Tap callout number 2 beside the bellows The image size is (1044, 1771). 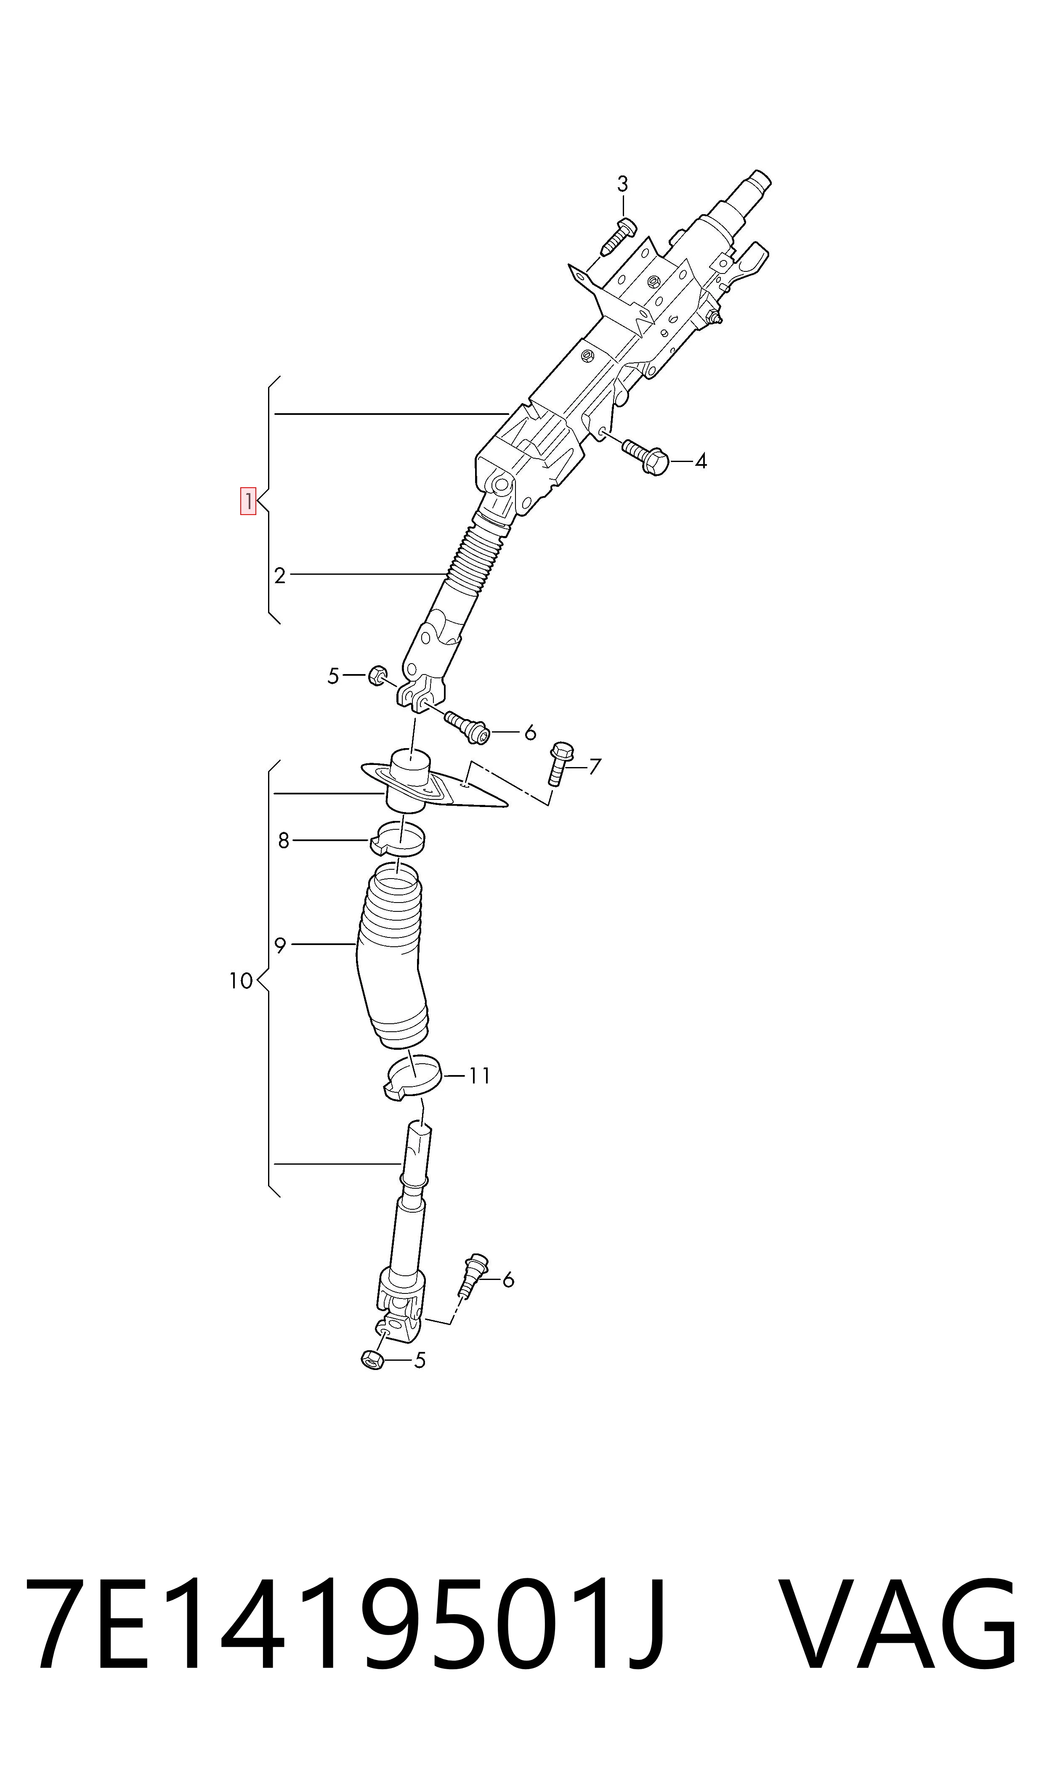(280, 576)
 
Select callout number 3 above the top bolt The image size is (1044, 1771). (623, 184)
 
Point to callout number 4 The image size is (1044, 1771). (701, 462)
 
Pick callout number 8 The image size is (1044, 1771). (284, 841)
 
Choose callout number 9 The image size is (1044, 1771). (280, 946)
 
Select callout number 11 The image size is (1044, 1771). (479, 1075)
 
